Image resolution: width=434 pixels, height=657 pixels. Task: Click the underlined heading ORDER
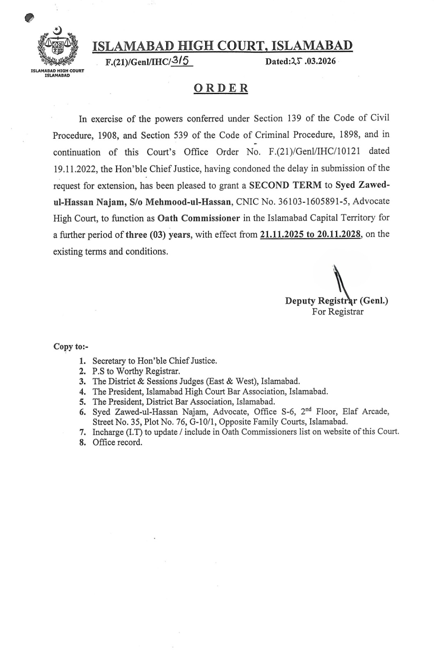221,88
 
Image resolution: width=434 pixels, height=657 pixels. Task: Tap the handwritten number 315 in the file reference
180,61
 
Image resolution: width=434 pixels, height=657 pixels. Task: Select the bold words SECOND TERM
286,185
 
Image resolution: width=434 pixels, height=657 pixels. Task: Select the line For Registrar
338,312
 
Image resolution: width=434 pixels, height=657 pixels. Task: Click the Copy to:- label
68,347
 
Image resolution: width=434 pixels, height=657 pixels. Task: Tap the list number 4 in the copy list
82,392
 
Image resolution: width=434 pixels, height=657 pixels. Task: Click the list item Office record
117,442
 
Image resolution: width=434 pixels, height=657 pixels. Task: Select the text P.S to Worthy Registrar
136,371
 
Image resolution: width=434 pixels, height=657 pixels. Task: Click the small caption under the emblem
57,73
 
